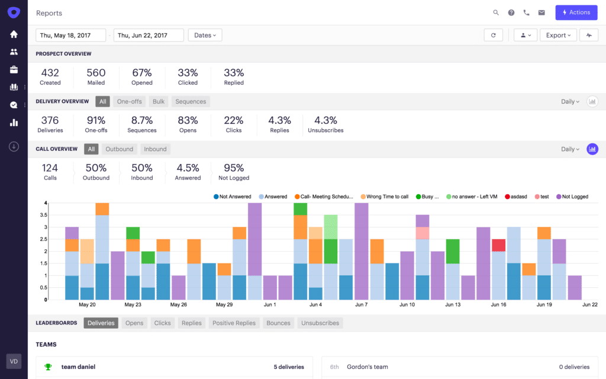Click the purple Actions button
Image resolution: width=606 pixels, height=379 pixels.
click(x=576, y=12)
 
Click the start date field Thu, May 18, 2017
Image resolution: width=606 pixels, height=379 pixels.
click(x=70, y=36)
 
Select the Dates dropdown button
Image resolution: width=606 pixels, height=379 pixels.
click(x=205, y=36)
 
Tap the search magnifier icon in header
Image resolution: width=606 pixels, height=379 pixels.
click(x=496, y=12)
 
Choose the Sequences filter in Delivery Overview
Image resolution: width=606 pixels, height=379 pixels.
click(x=191, y=101)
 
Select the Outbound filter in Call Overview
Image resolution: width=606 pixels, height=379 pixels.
click(x=119, y=149)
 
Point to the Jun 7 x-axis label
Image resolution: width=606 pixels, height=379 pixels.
click(x=362, y=305)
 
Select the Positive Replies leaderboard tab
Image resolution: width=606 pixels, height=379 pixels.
click(x=234, y=323)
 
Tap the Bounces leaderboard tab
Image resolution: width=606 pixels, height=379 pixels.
click(x=278, y=323)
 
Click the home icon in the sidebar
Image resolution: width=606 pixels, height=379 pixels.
click(x=14, y=34)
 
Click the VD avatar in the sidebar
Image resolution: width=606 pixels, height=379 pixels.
click(x=14, y=361)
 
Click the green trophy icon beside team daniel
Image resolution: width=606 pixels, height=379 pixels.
click(x=48, y=367)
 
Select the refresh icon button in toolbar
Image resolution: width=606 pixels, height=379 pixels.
click(x=493, y=36)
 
